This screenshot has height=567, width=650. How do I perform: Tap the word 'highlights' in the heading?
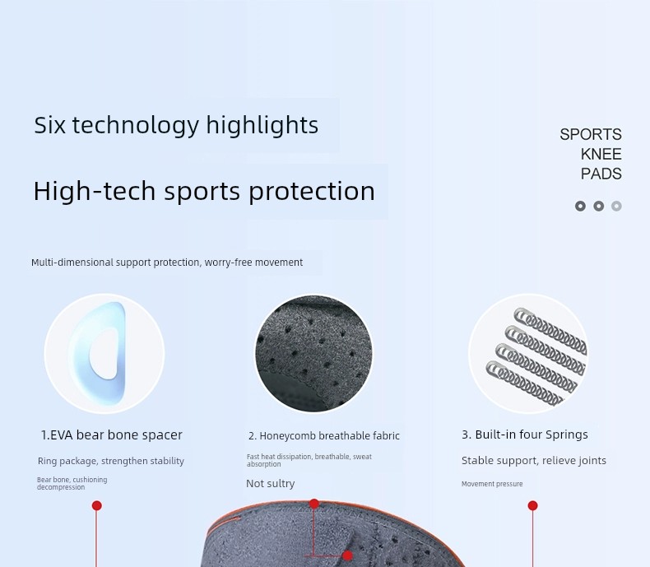tap(262, 125)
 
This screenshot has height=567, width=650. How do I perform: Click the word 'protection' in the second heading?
tap(311, 192)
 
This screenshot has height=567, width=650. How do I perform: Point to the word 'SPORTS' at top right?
tap(590, 134)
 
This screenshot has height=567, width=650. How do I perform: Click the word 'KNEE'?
tap(601, 154)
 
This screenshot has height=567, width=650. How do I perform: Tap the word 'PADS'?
tap(601, 174)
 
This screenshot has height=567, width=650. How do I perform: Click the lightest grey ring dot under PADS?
tap(616, 206)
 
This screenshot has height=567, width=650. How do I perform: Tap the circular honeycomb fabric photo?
tap(313, 354)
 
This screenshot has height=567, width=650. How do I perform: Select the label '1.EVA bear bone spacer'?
tap(112, 435)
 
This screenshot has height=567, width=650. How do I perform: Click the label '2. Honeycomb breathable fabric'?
tap(323, 436)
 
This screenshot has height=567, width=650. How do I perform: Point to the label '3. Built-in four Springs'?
tap(525, 435)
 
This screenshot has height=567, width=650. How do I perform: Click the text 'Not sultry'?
tap(270, 483)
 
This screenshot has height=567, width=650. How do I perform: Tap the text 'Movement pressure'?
tap(492, 484)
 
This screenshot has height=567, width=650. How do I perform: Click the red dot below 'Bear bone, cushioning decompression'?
tap(96, 505)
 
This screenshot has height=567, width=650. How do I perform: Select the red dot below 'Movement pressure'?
tap(532, 505)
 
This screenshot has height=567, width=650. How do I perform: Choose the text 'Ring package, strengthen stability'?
tap(111, 461)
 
